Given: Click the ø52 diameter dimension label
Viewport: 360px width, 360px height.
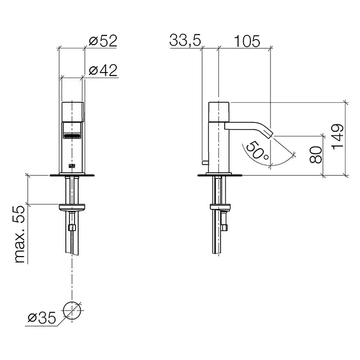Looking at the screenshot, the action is point(103,41).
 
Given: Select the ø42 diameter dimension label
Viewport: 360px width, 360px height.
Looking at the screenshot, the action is point(103,70).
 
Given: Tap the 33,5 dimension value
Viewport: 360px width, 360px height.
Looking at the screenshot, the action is point(185,40).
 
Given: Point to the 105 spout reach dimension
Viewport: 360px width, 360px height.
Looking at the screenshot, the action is point(247,41).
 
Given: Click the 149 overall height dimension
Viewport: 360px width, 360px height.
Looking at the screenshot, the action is point(338,137).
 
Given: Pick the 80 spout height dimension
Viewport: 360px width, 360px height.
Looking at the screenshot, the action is point(316,155).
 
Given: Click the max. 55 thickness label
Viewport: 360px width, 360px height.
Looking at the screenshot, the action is point(20,234).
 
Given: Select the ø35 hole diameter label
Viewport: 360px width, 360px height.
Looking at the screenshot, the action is point(42,318).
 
